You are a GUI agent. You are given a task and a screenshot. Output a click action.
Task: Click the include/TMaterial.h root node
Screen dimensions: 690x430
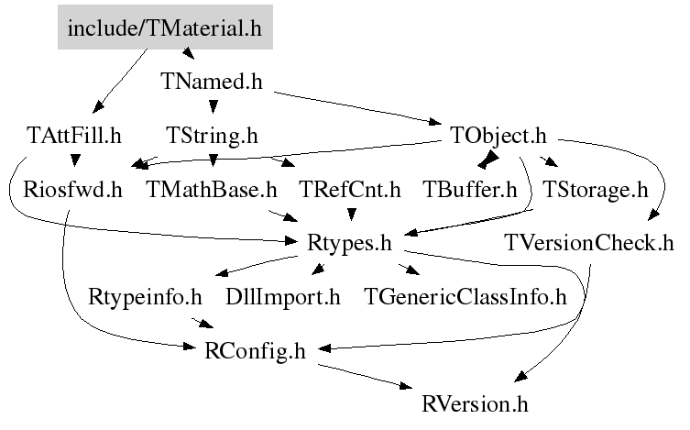[165, 28]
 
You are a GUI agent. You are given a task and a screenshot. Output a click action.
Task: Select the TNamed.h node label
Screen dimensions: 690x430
[212, 82]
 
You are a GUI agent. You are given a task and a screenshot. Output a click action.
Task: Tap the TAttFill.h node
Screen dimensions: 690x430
[74, 135]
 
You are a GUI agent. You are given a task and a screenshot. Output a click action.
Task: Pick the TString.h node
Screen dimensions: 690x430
[212, 136]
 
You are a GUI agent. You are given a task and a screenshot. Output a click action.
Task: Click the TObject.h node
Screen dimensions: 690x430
[498, 136]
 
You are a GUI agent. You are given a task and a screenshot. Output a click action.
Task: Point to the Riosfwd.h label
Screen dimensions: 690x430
[72, 190]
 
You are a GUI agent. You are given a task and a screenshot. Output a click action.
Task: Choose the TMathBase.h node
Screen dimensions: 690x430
[212, 190]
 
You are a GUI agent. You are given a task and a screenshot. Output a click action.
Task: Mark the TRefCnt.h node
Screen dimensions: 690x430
[350, 190]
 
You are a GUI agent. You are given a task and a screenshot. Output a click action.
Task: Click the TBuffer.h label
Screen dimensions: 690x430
[470, 190]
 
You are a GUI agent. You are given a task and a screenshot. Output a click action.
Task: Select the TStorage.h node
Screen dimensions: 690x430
[596, 190]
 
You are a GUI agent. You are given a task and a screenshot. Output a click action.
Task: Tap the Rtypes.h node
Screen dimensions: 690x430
[349, 243]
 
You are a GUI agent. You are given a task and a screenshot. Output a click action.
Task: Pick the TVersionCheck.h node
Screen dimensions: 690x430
[589, 243]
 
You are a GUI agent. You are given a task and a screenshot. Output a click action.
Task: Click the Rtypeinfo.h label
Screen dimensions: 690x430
[145, 297]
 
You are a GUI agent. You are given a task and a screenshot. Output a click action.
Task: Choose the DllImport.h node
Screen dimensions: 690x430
[283, 297]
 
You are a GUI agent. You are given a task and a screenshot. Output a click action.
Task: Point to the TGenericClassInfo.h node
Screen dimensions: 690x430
[465, 297]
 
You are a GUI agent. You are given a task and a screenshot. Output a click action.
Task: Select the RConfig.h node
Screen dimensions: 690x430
[256, 351]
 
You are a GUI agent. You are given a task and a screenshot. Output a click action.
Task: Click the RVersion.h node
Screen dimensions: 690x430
[475, 404]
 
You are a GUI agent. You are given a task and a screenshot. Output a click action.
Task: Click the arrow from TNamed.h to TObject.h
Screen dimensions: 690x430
[357, 107]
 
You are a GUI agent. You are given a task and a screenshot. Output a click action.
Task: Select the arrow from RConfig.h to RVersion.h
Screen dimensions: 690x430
[366, 377]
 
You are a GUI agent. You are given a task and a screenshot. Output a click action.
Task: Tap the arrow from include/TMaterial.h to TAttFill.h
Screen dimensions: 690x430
[120, 81]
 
